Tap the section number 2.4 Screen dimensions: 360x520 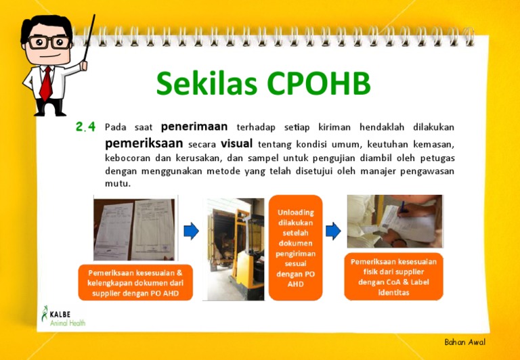pos(85,127)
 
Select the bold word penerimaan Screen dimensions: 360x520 pos(194,127)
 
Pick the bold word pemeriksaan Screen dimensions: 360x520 pos(144,143)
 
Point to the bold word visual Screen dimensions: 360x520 pos(236,143)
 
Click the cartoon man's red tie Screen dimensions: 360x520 pos(45,83)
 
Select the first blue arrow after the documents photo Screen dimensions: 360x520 pos(191,231)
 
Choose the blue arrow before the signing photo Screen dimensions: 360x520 pos(332,231)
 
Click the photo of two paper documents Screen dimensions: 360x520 pos(134,229)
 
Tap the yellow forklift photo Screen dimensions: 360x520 pos(235,248)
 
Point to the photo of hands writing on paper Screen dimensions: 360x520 pos(395,221)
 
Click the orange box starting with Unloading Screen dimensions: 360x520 pos(295,248)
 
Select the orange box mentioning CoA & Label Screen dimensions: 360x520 pos(393,277)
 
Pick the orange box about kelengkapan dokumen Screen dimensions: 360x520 pos(135,282)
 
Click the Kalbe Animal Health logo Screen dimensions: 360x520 pos(63,316)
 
